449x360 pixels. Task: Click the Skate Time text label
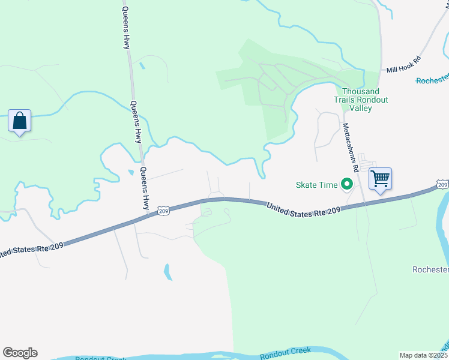pyautogui.click(x=316, y=185)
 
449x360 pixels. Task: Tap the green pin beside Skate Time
pyautogui.click(x=346, y=184)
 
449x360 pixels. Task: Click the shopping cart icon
pyautogui.click(x=380, y=178)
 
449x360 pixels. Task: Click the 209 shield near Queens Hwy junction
pyautogui.click(x=163, y=210)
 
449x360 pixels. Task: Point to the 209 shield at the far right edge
pyautogui.click(x=442, y=185)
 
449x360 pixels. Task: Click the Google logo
pyautogui.click(x=20, y=353)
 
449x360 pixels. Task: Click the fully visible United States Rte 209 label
pyautogui.click(x=304, y=209)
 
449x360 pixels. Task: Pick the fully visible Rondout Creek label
pyautogui.click(x=285, y=353)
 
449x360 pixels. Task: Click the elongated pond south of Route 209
pyautogui.click(x=168, y=272)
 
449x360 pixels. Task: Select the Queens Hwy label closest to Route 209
pyautogui.click(x=145, y=187)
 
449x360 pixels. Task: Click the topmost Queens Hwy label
pyautogui.click(x=126, y=26)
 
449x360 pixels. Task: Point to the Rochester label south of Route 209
pyautogui.click(x=430, y=269)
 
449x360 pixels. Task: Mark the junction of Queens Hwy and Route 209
pyautogui.click(x=148, y=215)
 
